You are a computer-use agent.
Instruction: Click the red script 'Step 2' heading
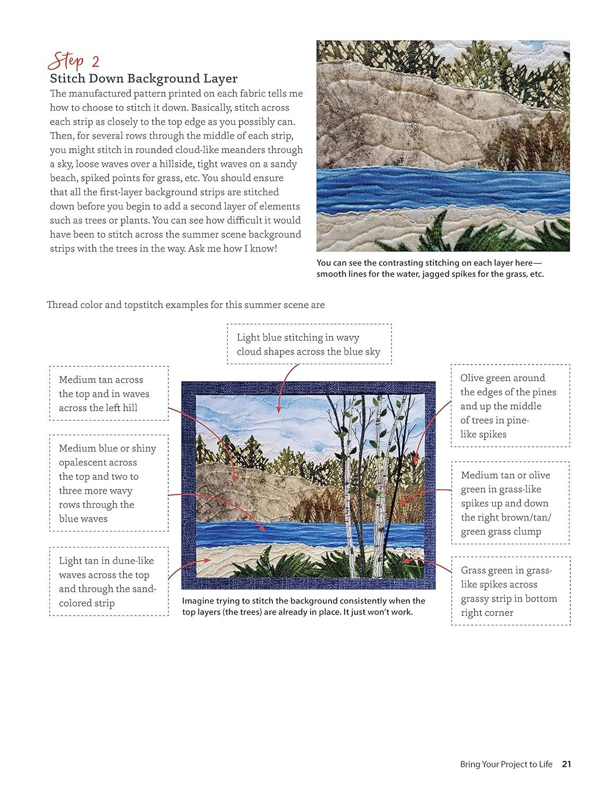tap(74, 61)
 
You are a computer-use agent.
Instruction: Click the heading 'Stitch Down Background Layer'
tap(143, 79)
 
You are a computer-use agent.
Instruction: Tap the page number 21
tap(566, 764)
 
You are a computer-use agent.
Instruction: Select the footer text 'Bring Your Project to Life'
tap(506, 764)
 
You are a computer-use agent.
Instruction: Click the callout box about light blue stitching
tap(309, 344)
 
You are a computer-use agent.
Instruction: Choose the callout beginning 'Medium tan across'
tap(109, 393)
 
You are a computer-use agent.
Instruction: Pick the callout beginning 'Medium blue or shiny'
tap(109, 483)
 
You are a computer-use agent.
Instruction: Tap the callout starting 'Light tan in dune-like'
tap(109, 582)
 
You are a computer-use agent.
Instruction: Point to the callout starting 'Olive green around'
tap(510, 405)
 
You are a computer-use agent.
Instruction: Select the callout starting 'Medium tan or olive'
tap(510, 503)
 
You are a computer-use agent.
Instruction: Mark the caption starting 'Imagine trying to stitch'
tap(303, 606)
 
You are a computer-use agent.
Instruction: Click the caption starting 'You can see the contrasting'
tap(430, 268)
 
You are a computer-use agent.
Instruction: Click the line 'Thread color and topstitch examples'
tap(185, 305)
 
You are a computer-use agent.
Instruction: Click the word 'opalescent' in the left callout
tap(98, 462)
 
